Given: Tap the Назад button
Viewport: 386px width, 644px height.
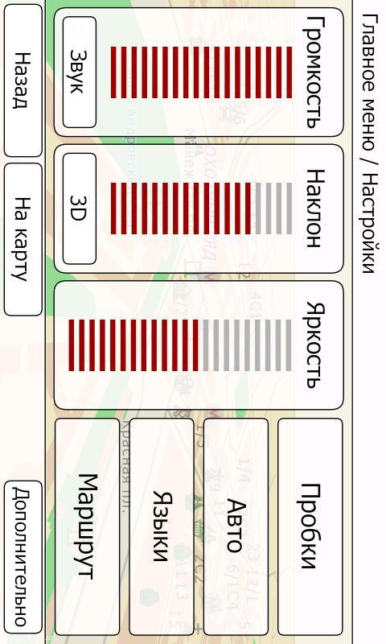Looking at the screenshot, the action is point(23,80).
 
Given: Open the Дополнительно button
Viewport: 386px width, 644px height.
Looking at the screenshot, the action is point(23,557).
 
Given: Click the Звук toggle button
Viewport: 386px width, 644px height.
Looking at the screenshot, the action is point(79,72).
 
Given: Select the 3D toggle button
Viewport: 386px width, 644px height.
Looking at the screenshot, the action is point(79,208).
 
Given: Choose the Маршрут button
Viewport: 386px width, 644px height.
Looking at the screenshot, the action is point(87,526).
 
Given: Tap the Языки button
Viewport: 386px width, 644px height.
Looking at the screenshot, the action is point(161,526).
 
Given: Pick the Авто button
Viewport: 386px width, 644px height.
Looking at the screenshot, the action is point(236,526).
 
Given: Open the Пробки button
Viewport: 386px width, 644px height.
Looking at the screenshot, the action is point(310,526).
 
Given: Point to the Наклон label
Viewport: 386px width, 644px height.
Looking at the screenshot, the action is point(315,208).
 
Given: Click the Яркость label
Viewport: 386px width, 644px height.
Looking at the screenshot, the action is point(315,345).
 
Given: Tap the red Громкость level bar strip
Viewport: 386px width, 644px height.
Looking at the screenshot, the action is point(201,72).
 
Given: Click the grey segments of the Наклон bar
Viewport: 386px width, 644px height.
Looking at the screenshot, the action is point(273,208).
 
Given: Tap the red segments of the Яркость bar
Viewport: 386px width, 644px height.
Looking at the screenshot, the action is point(133,345).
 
